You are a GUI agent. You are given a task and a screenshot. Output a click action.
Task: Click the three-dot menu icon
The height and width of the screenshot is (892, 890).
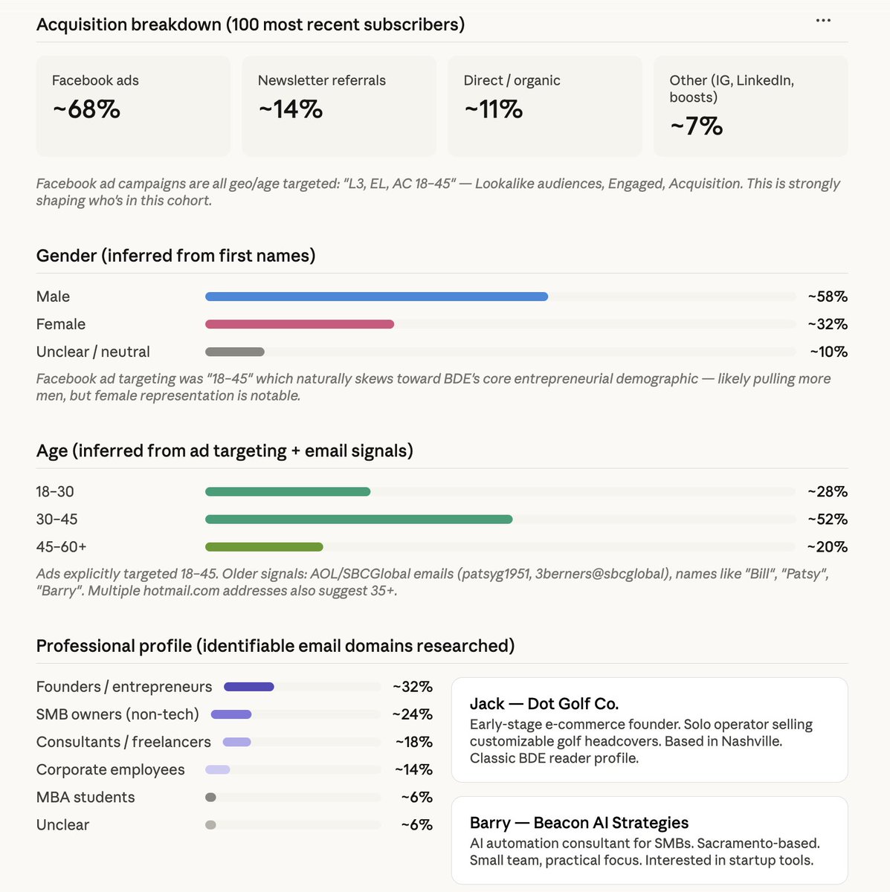click(x=823, y=21)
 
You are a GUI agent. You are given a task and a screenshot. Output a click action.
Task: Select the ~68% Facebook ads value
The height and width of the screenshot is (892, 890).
click(x=86, y=109)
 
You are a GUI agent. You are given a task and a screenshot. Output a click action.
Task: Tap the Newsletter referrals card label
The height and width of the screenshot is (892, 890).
click(x=321, y=80)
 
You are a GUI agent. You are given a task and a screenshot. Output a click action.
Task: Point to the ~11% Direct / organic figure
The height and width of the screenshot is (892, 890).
click(x=494, y=109)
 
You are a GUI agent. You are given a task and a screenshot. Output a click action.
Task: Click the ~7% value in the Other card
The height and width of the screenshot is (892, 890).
click(x=696, y=126)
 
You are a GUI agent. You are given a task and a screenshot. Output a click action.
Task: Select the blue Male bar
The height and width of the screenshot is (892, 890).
click(x=376, y=297)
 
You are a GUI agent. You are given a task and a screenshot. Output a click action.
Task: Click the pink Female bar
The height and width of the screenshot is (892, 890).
click(x=299, y=324)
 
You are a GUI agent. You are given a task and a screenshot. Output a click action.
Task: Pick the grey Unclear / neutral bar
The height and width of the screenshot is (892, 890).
click(x=234, y=352)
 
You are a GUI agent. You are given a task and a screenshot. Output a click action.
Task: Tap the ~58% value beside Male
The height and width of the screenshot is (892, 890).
click(x=828, y=297)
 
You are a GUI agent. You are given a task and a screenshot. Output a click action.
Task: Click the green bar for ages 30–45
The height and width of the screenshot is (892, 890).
click(x=358, y=519)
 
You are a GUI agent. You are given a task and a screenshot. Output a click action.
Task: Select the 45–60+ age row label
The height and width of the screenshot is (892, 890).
click(x=61, y=546)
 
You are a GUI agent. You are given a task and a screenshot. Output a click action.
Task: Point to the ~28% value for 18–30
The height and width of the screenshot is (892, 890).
click(x=828, y=491)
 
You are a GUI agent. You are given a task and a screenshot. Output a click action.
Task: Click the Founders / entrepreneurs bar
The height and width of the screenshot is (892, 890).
click(x=249, y=687)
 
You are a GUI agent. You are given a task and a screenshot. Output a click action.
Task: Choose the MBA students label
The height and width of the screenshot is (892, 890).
click(x=86, y=797)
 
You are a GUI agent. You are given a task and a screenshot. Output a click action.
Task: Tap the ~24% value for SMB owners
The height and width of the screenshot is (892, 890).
click(x=413, y=714)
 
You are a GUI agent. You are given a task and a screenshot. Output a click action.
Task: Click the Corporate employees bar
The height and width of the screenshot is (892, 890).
click(x=218, y=769)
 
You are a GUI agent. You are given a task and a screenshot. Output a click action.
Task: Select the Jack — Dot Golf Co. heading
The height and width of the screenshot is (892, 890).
click(x=544, y=704)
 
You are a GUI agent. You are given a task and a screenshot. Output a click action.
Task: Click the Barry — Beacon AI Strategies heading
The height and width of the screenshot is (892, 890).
click(x=579, y=823)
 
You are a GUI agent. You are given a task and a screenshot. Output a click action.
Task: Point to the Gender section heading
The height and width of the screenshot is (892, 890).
click(x=175, y=256)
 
